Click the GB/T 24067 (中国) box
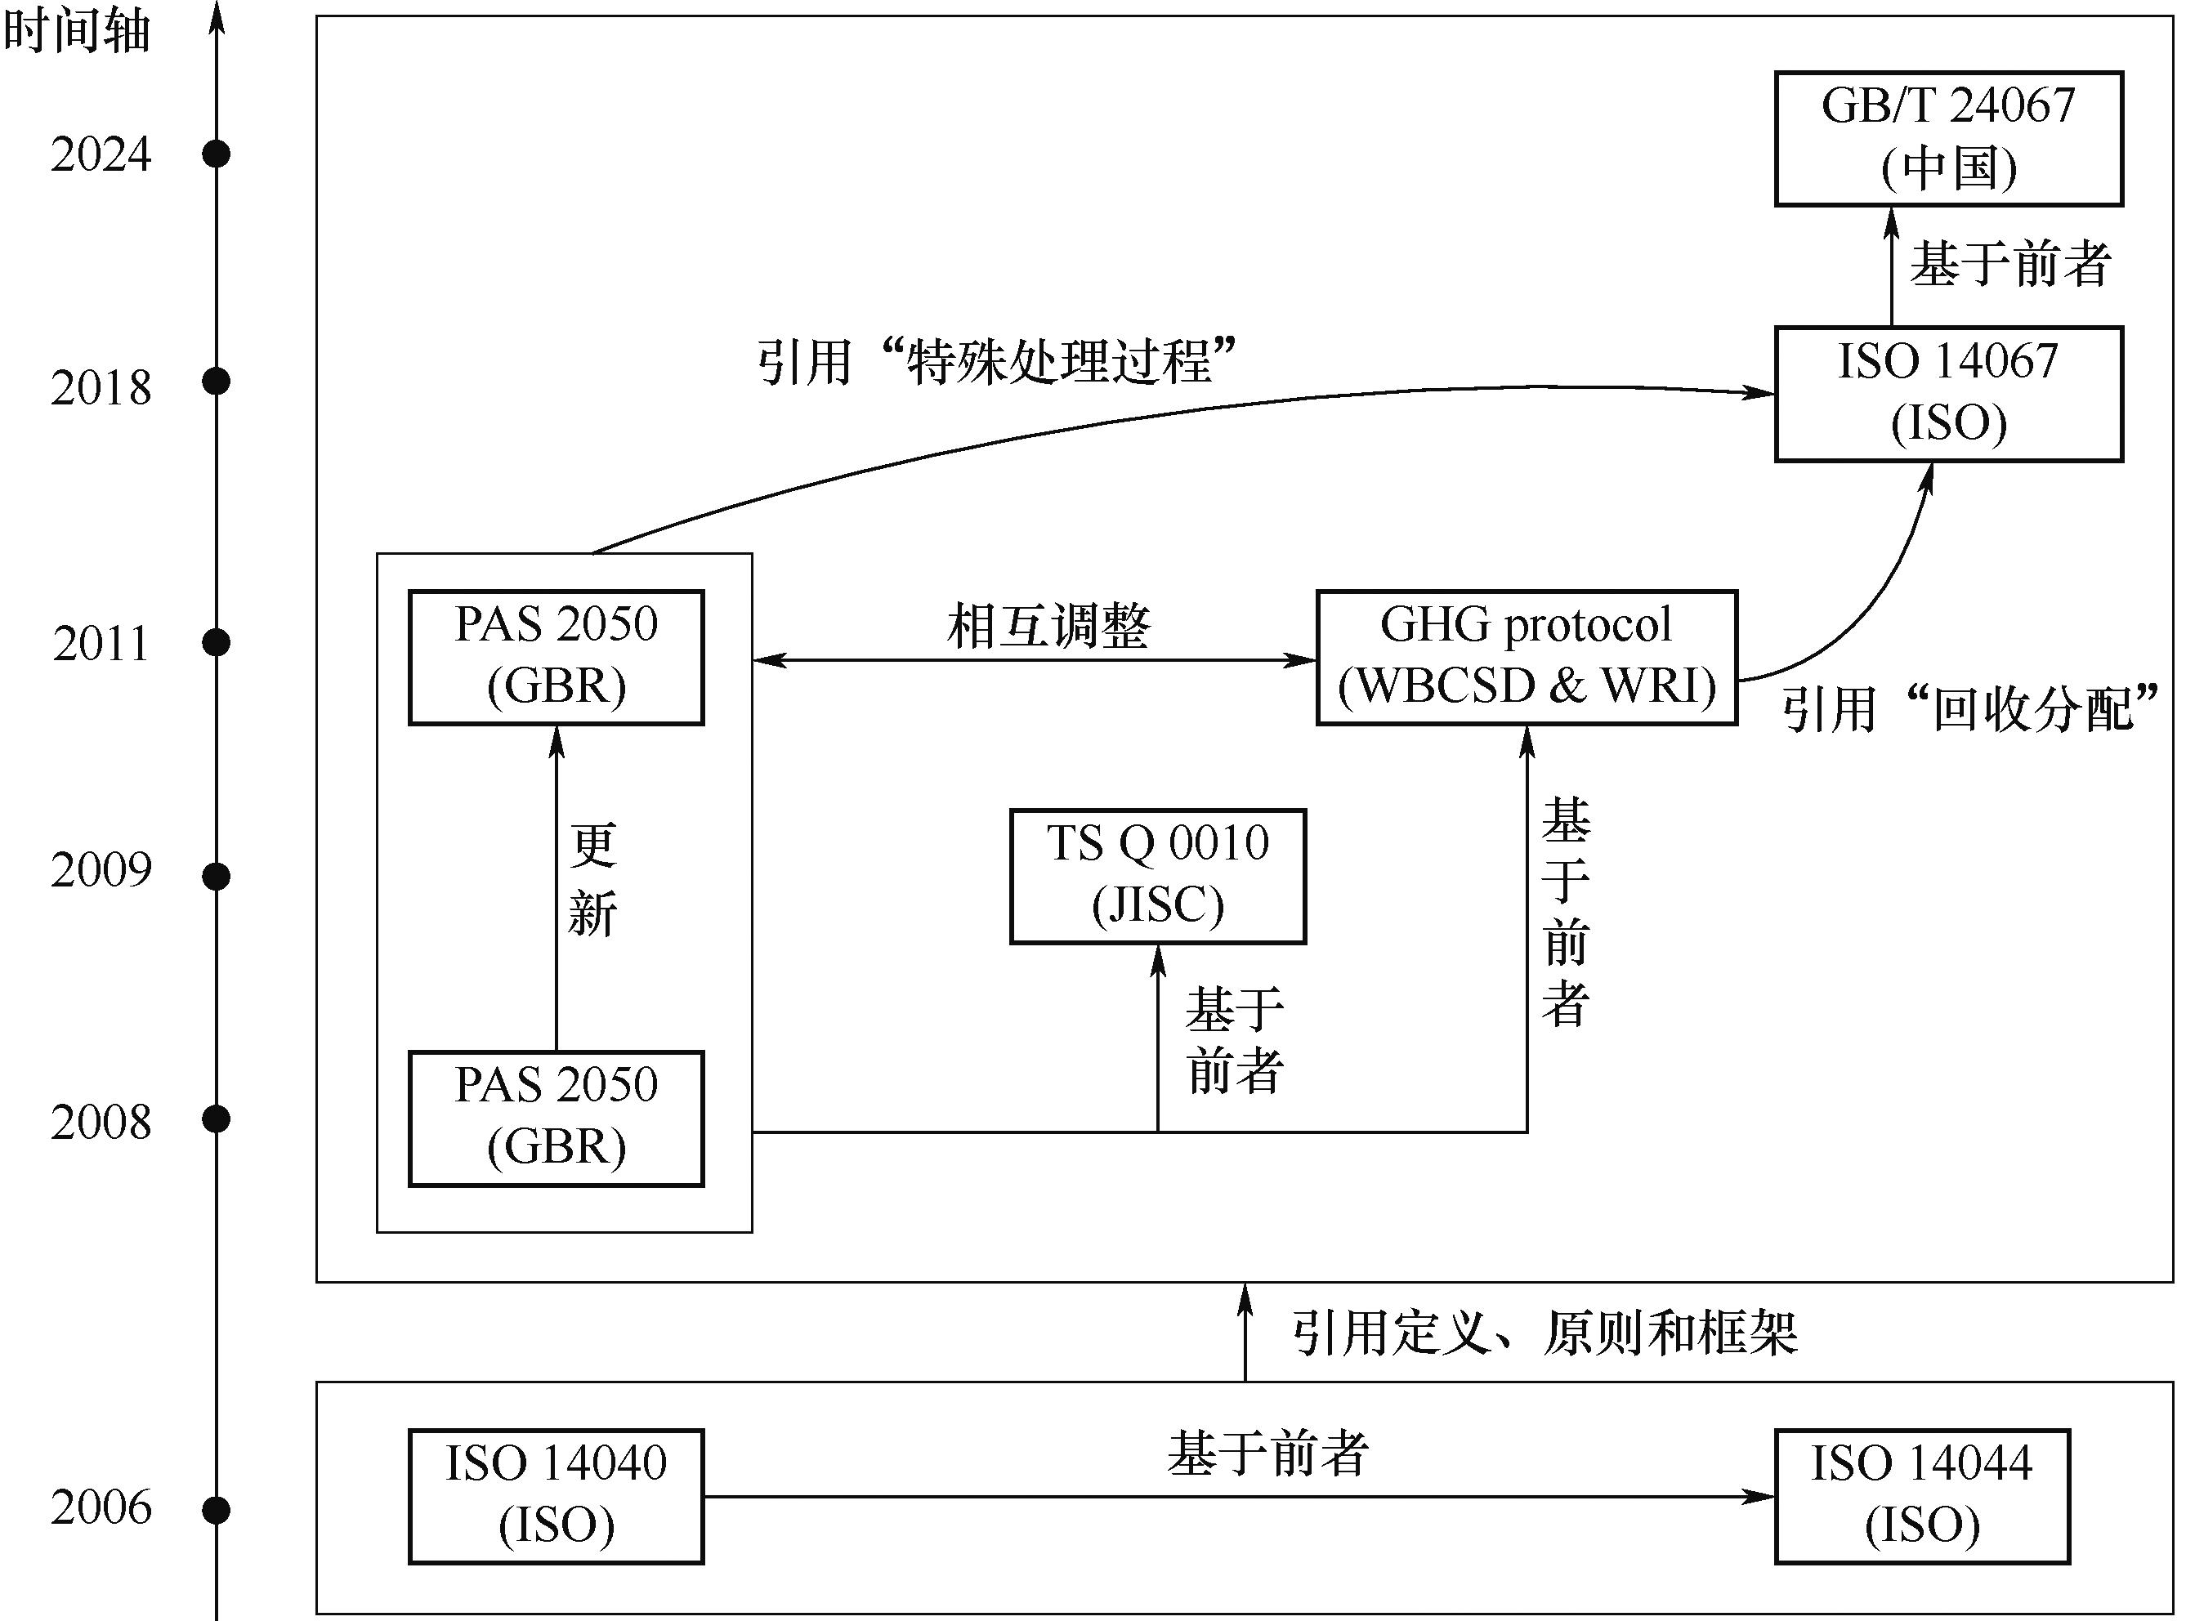(1948, 138)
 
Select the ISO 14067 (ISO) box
(1948, 394)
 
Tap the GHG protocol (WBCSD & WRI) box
(1527, 656)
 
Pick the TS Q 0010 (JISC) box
(1158, 876)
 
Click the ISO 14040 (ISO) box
(557, 1496)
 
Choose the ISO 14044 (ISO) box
(1922, 1496)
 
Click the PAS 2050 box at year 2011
(557, 656)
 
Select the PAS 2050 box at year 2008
(557, 1119)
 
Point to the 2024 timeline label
(101, 155)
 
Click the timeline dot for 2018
(216, 381)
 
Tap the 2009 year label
(101, 870)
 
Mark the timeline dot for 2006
(216, 1510)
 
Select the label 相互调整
(1048, 626)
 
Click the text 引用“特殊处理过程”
(996, 362)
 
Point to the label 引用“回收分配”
(1970, 708)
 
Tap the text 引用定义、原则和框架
(1544, 1333)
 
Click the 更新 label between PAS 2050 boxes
(592, 879)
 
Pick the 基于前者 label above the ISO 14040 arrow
(1267, 1454)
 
